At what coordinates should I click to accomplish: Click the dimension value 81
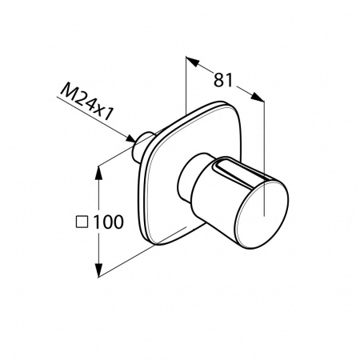(x=223, y=80)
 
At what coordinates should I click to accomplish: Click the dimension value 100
(x=108, y=222)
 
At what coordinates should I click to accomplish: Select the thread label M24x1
(x=86, y=102)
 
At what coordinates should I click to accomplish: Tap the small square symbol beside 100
(x=82, y=222)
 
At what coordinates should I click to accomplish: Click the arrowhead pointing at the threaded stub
(x=130, y=138)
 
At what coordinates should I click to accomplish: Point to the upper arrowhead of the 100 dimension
(x=99, y=173)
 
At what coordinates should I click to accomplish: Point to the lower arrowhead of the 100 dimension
(x=99, y=270)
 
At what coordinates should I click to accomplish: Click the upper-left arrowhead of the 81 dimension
(x=193, y=62)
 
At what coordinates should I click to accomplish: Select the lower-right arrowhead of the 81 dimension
(x=258, y=97)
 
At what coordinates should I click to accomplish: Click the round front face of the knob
(x=262, y=214)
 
